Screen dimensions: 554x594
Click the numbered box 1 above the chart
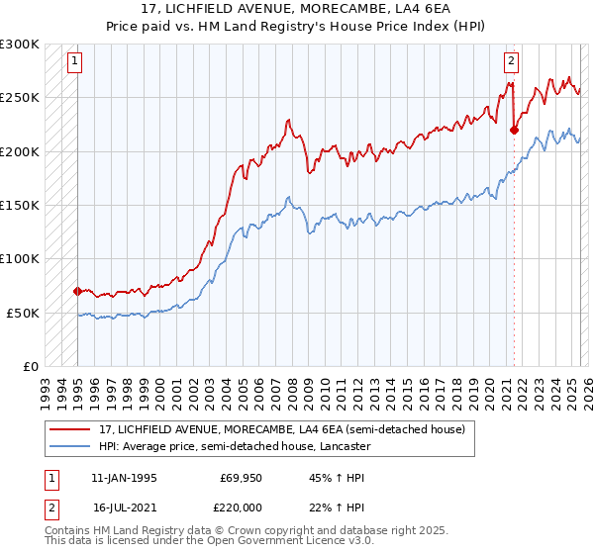click(x=75, y=61)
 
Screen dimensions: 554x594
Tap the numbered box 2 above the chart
click(x=511, y=61)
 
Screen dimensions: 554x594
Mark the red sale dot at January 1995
click(x=77, y=291)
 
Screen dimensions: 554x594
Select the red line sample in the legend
click(x=69, y=429)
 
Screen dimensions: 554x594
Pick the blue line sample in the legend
click(x=69, y=446)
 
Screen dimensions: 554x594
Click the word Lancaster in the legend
click(x=343, y=446)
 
